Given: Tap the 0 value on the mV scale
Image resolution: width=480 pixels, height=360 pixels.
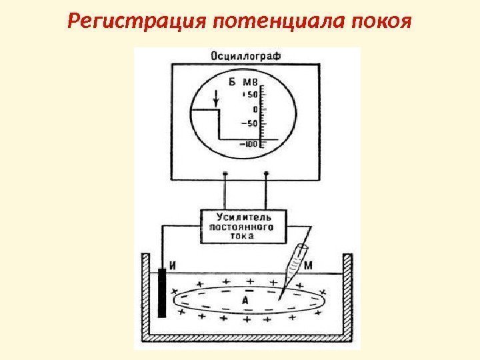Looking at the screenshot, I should pyautogui.click(x=254, y=109).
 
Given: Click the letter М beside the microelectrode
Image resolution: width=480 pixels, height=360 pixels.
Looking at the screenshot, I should pyautogui.click(x=307, y=266).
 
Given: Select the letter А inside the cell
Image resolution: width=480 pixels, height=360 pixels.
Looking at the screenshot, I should pyautogui.click(x=245, y=301).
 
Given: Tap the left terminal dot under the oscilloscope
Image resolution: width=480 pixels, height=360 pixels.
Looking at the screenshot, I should pyautogui.click(x=225, y=175).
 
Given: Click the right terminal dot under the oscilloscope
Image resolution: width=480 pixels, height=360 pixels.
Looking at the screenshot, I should pyautogui.click(x=267, y=175).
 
